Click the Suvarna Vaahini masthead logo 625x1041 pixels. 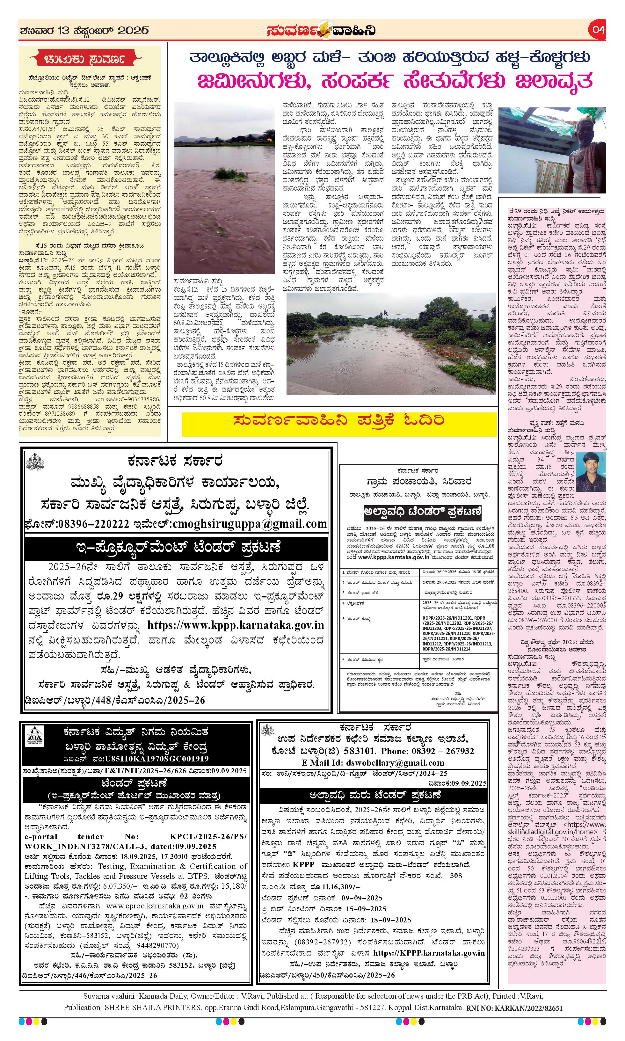pos(321,30)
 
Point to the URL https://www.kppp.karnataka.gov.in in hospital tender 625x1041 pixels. pos(236,625)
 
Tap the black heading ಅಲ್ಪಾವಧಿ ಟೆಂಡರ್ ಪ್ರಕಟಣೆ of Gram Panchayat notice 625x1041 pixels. pos(422,513)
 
